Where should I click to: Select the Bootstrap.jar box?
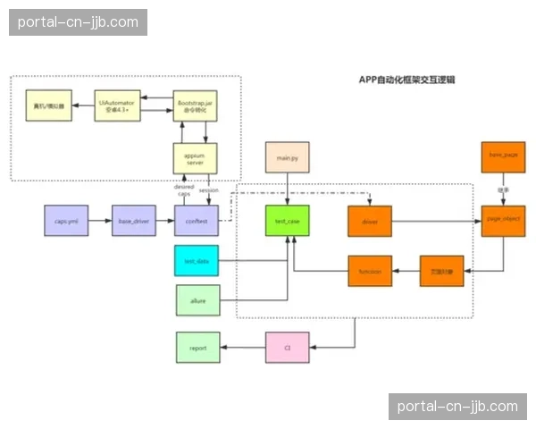[195, 108]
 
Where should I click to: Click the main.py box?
[287, 157]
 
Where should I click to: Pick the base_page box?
[503, 157]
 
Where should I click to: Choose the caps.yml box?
[65, 220]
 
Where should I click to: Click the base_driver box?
[133, 220]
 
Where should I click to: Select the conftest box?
[195, 220]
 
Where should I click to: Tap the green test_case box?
[287, 220]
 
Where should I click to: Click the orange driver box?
[370, 220]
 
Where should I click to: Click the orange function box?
[370, 270]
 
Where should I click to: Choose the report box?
[197, 347]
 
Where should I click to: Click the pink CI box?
[287, 347]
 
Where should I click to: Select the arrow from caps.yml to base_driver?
[99, 220]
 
